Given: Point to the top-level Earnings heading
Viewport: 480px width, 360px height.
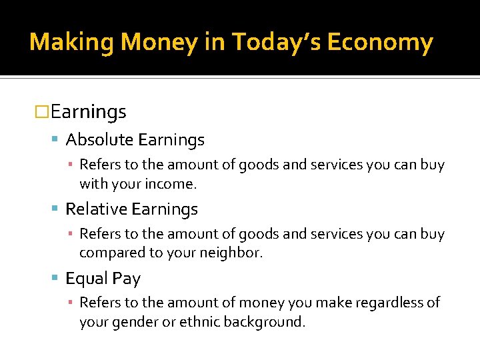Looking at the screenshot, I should click(x=88, y=112).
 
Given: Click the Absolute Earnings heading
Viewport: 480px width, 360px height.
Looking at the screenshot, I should click(x=135, y=140).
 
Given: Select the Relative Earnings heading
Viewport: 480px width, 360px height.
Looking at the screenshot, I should click(x=131, y=209).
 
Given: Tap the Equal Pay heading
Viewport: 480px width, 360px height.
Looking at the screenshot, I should click(x=103, y=279).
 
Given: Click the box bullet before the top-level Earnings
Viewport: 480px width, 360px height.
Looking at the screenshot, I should click(x=43, y=113).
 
